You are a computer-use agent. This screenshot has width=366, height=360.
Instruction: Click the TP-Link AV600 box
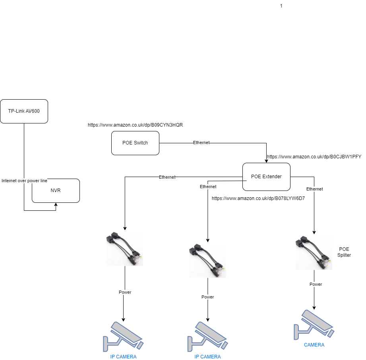(24, 111)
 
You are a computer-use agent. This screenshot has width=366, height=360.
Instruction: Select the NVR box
(56, 191)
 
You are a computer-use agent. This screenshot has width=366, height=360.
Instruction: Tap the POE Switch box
(135, 143)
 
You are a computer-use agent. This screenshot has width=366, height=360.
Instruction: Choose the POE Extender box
(266, 177)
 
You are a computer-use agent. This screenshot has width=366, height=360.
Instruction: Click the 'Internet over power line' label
(24, 181)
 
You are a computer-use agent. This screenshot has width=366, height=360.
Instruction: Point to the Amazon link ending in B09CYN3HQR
(135, 125)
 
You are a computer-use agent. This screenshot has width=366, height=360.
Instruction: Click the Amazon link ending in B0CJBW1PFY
(314, 157)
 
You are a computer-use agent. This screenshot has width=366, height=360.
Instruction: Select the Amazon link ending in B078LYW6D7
(258, 198)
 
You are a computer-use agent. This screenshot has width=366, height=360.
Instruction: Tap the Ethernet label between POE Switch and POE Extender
(201, 142)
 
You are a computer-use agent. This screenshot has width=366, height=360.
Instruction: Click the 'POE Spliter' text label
(344, 252)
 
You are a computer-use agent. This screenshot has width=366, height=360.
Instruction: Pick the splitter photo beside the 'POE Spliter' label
(314, 253)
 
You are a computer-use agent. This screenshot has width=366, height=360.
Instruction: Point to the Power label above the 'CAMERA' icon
(316, 284)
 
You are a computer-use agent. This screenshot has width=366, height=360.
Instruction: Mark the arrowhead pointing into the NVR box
(56, 205)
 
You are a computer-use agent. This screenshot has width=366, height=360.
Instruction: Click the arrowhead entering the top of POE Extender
(266, 160)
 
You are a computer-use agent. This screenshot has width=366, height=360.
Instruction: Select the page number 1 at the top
(281, 6)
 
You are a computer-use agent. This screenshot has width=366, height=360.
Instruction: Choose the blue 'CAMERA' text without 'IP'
(314, 345)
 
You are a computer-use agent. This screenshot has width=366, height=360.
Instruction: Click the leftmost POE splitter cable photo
(124, 249)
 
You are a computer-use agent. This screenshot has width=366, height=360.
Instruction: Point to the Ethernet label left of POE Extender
(167, 177)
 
